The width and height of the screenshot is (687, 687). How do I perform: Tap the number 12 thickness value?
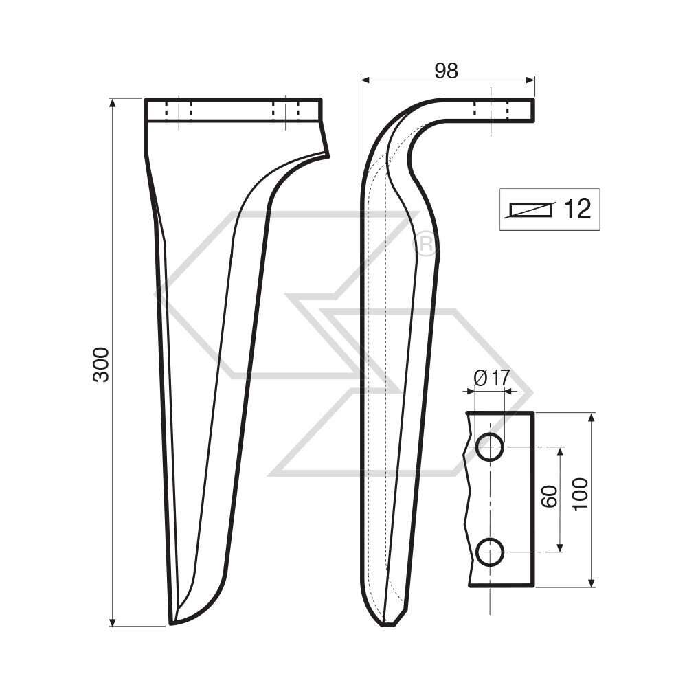pyautogui.click(x=576, y=209)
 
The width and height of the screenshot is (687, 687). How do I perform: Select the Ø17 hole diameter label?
pyautogui.click(x=491, y=377)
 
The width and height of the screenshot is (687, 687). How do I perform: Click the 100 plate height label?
pyautogui.click(x=581, y=493)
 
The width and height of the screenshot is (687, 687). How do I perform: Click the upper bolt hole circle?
pyautogui.click(x=490, y=448)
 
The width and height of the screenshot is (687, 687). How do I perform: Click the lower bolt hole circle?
pyautogui.click(x=490, y=552)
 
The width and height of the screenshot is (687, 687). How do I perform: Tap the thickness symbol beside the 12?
pyautogui.click(x=530, y=210)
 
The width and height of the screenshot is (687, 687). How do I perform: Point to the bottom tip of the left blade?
pyautogui.click(x=172, y=623)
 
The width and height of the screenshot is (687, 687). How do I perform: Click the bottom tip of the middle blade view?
pyautogui.click(x=387, y=624)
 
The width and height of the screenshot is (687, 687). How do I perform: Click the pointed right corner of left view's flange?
pyautogui.click(x=327, y=156)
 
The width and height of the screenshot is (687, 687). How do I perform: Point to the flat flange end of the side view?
pyautogui.click(x=532, y=110)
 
